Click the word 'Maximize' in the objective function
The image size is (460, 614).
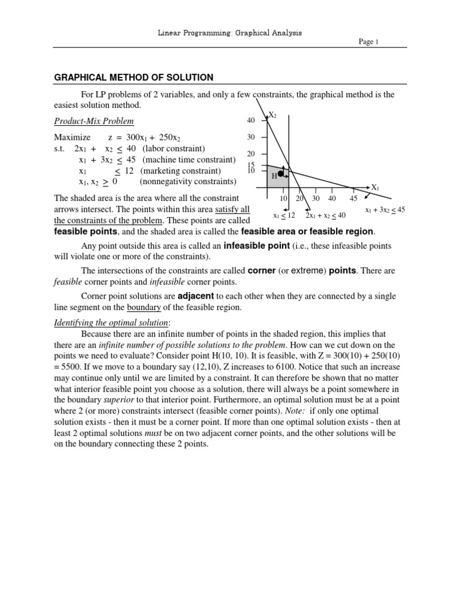pyautogui.click(x=72, y=137)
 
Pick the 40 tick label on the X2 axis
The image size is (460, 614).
pyautogui.click(x=251, y=121)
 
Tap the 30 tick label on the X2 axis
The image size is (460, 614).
pyautogui.click(x=251, y=137)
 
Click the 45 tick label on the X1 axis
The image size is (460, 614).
pyautogui.click(x=353, y=198)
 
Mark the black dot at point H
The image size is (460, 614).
pyautogui.click(x=280, y=173)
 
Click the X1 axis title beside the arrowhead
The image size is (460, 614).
pyautogui.click(x=376, y=188)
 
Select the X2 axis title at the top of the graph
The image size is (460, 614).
pyautogui.click(x=273, y=115)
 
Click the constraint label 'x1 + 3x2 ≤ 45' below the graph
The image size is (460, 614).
pyautogui.click(x=385, y=210)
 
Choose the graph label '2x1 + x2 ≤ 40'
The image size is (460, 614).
pyautogui.click(x=325, y=215)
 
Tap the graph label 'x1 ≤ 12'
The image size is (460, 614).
pyautogui.click(x=284, y=215)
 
